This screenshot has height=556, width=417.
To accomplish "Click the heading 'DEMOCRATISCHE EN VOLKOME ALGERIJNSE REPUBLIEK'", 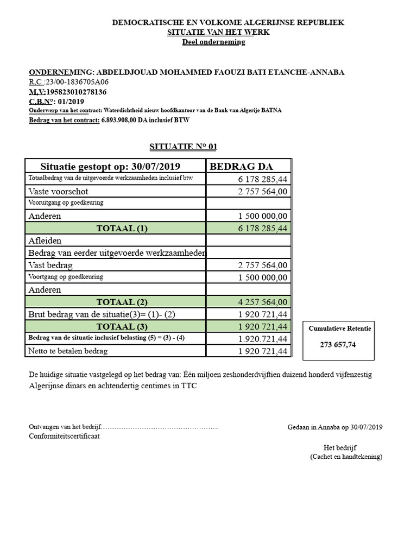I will click(228, 22).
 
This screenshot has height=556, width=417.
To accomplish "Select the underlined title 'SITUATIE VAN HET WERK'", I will click(218, 32).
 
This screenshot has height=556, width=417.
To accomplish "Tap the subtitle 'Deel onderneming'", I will click(213, 42).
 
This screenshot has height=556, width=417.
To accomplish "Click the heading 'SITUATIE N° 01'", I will click(183, 147).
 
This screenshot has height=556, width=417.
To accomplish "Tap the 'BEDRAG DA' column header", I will click(241, 166).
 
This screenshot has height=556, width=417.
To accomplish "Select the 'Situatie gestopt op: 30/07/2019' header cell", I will click(110, 166).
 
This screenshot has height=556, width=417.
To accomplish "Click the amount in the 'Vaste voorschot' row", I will click(263, 191).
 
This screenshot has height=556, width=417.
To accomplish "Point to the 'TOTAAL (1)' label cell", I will click(122, 228).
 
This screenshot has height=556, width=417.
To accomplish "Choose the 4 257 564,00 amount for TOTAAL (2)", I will click(263, 302).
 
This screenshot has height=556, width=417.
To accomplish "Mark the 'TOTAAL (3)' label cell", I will click(122, 326).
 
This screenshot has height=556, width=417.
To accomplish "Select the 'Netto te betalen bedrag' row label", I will click(68, 351).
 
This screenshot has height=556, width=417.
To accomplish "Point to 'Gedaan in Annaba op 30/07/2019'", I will click(335, 427).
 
